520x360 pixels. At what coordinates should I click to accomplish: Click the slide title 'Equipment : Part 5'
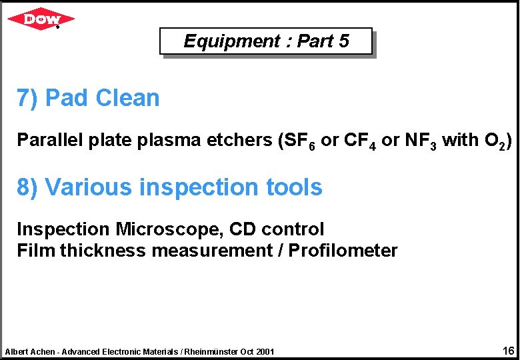tap(265, 41)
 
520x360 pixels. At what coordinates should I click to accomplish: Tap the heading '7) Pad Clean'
tap(88, 98)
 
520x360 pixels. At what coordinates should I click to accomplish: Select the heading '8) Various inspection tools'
tap(169, 187)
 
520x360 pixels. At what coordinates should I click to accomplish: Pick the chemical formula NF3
tap(420, 141)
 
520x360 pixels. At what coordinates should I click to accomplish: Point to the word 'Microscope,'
tap(169, 230)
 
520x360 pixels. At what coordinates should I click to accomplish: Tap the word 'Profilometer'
tap(343, 251)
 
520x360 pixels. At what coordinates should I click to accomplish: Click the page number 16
tap(507, 350)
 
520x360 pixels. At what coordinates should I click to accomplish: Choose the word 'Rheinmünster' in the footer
tap(212, 351)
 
